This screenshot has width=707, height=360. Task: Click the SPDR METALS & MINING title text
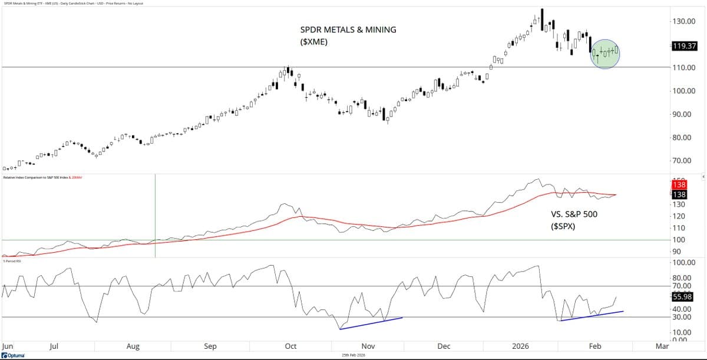tap(349, 29)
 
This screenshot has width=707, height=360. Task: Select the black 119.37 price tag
tap(684, 45)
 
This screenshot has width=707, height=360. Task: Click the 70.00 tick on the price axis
tap(682, 160)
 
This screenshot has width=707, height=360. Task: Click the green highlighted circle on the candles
tap(605, 54)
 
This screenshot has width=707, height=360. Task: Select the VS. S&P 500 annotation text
tap(569, 214)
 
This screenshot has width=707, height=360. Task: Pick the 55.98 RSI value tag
tap(684, 298)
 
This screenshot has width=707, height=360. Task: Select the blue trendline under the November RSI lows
tap(371, 323)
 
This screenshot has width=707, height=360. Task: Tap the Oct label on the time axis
tap(290, 346)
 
